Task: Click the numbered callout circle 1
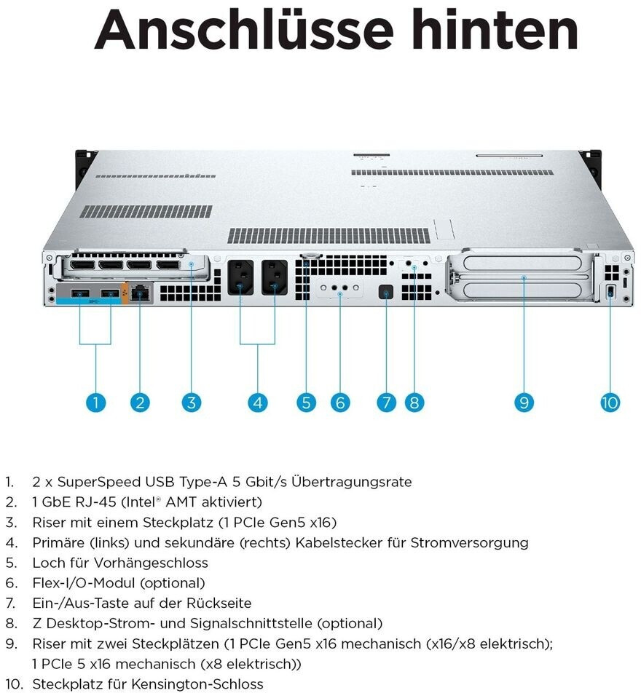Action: [95, 402]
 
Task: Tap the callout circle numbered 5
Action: [306, 402]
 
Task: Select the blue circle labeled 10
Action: [610, 402]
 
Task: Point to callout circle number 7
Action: [386, 402]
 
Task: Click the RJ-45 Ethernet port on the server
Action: [141, 293]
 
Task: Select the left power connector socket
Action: [240, 277]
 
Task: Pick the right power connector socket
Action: [275, 277]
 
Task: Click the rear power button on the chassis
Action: [386, 292]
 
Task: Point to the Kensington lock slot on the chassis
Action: [610, 292]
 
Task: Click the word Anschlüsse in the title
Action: [244, 30]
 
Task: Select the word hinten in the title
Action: [495, 29]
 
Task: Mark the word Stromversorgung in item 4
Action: [469, 543]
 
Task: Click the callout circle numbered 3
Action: [191, 402]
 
